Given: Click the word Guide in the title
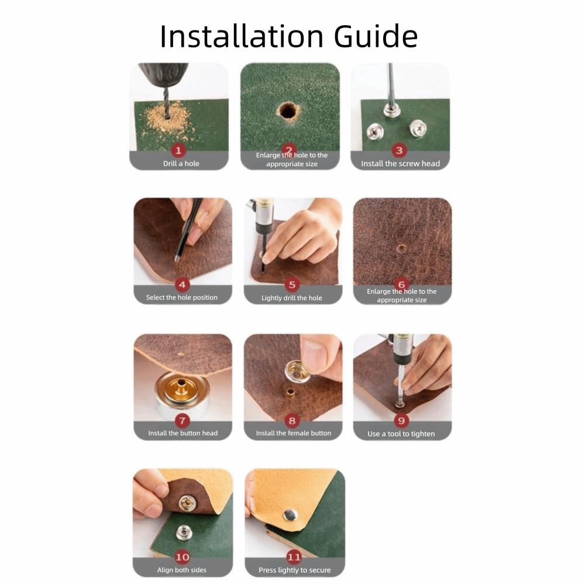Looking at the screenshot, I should pyautogui.click(x=376, y=36).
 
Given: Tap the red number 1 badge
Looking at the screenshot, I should pyautogui.click(x=180, y=150).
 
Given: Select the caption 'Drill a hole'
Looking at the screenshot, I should pyautogui.click(x=181, y=164).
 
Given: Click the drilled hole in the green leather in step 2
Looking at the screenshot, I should pyautogui.click(x=287, y=109).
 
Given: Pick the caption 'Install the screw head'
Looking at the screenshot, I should pyautogui.click(x=400, y=164).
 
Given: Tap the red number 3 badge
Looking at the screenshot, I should pyautogui.click(x=400, y=150).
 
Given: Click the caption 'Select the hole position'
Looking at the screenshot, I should pyautogui.click(x=181, y=298).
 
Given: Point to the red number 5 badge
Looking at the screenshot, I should pyautogui.click(x=292, y=285).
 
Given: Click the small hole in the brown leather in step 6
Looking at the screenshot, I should pyautogui.click(x=401, y=248).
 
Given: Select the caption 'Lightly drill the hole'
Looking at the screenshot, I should pyautogui.click(x=291, y=298).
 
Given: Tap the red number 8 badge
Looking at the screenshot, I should pyautogui.click(x=292, y=420).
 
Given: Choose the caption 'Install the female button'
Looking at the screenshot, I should pyautogui.click(x=293, y=433).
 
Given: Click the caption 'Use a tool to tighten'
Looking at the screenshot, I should pyautogui.click(x=401, y=434).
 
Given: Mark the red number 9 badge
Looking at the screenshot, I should pyautogui.click(x=401, y=421).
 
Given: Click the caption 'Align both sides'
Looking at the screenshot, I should pyautogui.click(x=181, y=570).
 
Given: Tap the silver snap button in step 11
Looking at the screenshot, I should pyautogui.click(x=290, y=514).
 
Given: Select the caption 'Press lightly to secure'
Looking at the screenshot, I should pyautogui.click(x=294, y=570).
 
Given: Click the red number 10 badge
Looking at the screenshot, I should pyautogui.click(x=182, y=557).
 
